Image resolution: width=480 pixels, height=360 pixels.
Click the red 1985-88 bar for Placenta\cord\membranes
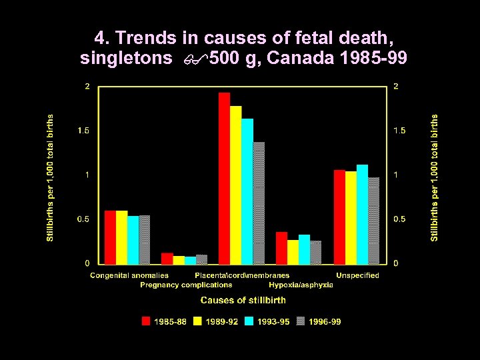coord(225,179)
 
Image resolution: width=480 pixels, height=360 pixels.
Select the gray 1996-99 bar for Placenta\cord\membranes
coord(259,203)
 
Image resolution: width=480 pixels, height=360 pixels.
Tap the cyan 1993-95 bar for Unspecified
coord(362,215)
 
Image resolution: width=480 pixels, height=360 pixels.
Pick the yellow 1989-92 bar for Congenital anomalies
coord(121,237)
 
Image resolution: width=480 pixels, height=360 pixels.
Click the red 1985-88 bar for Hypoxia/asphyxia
coord(281,248)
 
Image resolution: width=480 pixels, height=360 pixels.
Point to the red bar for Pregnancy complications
coord(167,259)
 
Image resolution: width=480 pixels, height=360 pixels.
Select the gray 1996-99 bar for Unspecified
coord(373,221)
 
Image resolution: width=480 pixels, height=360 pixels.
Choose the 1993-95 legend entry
coord(267,321)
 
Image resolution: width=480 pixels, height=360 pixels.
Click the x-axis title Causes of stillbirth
coord(243,301)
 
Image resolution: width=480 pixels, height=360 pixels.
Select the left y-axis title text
coord(51,177)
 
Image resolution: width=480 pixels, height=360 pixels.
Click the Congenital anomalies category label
coord(129,275)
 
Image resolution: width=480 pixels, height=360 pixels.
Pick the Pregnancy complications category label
coord(186,285)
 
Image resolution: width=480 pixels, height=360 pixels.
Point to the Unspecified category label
coord(357,275)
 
